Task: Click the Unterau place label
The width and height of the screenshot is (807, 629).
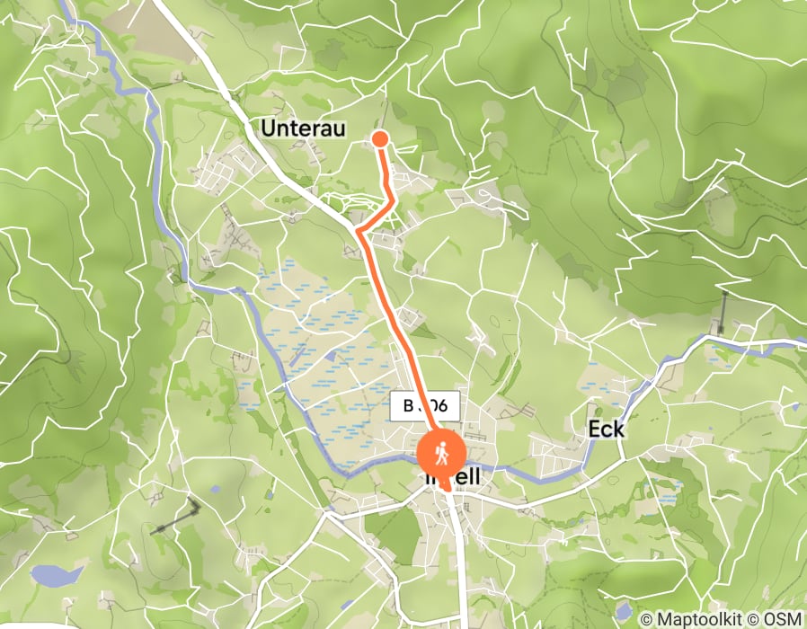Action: [x=303, y=128]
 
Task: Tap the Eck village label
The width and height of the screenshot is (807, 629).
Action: [x=606, y=430]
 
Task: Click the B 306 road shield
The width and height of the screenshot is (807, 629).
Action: [x=425, y=406]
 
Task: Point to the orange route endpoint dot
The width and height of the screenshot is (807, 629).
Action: [x=379, y=137]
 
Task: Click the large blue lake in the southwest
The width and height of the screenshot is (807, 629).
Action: [x=56, y=575]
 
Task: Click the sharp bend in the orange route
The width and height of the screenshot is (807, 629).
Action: [x=359, y=231]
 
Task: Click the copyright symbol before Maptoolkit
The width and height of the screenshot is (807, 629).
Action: [x=646, y=619]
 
